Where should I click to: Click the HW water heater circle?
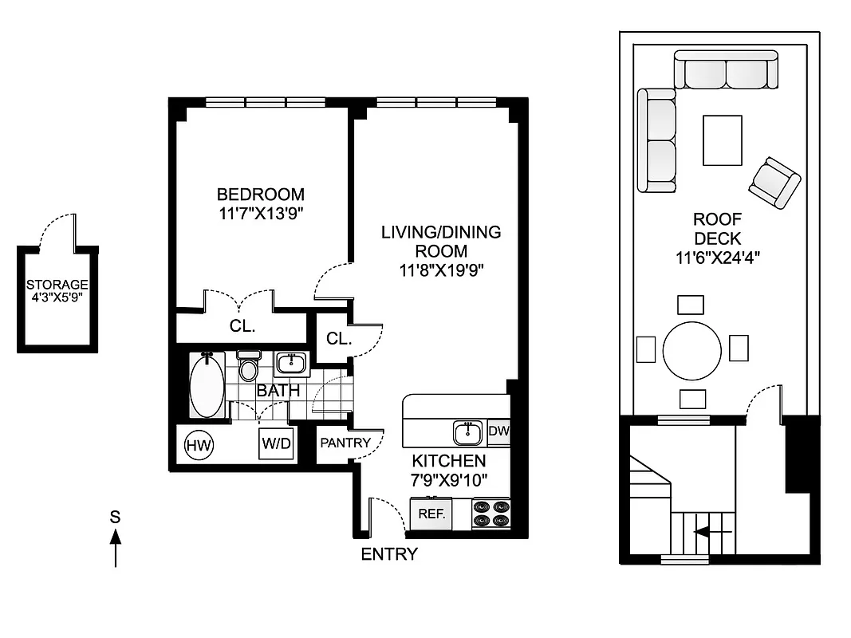pyautogui.click(x=199, y=445)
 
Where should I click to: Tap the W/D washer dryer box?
pyautogui.click(x=276, y=444)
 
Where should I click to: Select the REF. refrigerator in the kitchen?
pyautogui.click(x=431, y=514)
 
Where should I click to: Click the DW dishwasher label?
pyautogui.click(x=498, y=431)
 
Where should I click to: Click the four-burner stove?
pyautogui.click(x=491, y=513)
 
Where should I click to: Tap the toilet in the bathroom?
pyautogui.click(x=249, y=367)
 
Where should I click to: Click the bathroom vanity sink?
pyautogui.click(x=291, y=364)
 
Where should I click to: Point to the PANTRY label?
pyautogui.click(x=345, y=443)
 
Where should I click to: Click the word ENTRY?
pyautogui.click(x=389, y=554)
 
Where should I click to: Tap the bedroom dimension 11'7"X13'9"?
pyautogui.click(x=261, y=213)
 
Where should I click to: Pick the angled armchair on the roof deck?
pyautogui.click(x=774, y=183)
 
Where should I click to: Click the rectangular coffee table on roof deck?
pyautogui.click(x=722, y=140)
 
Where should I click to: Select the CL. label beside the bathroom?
pyautogui.click(x=338, y=338)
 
